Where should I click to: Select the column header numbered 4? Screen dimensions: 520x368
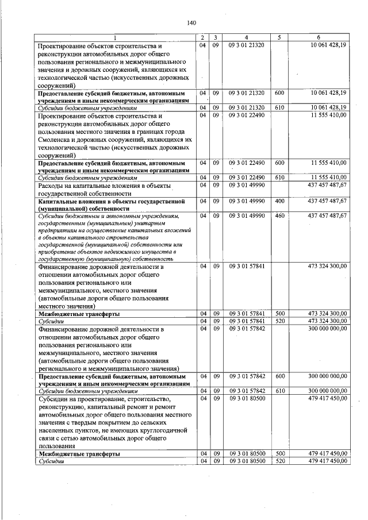click(246, 38)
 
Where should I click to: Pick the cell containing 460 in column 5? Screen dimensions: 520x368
click(279, 216)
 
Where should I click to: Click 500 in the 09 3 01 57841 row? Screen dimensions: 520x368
click(279, 313)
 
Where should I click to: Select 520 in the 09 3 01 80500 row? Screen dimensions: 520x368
click(279, 461)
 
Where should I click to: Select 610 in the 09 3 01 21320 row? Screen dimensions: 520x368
click(279, 107)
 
